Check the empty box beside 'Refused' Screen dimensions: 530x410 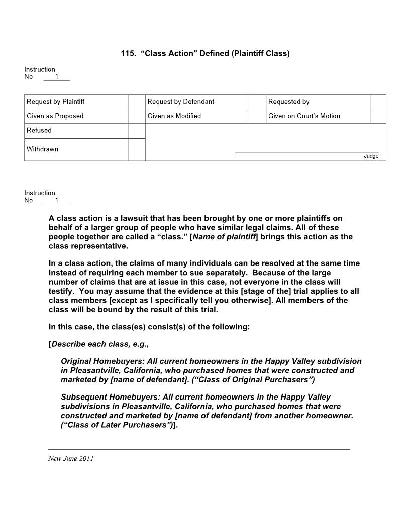[136, 130]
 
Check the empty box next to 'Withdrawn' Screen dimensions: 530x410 [136, 149]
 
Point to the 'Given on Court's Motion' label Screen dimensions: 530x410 [304, 116]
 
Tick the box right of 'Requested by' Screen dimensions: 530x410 [378, 102]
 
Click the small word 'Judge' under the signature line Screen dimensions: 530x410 [371, 156]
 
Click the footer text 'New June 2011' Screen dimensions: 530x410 [71, 458]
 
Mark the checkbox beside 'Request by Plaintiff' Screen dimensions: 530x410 [136, 102]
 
